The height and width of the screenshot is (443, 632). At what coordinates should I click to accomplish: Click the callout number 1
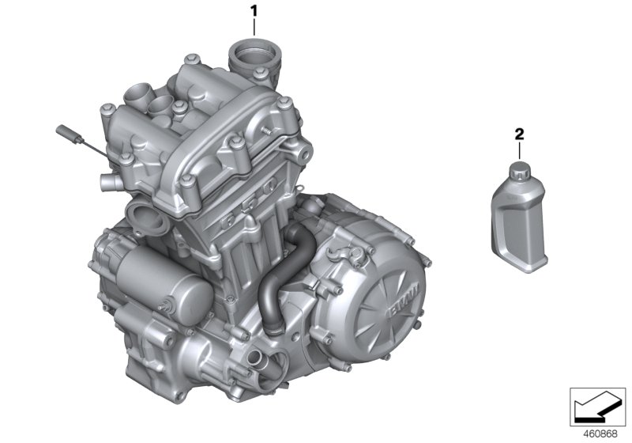[254, 10]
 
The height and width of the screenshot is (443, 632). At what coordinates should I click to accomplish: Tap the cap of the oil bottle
[519, 168]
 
